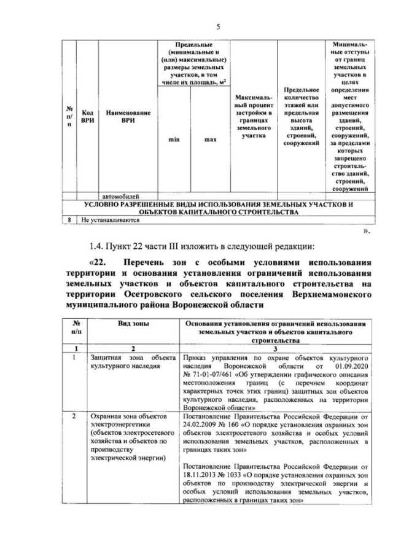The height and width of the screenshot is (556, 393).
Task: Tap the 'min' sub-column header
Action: (x=173, y=140)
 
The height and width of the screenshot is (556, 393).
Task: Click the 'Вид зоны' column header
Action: (x=130, y=323)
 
